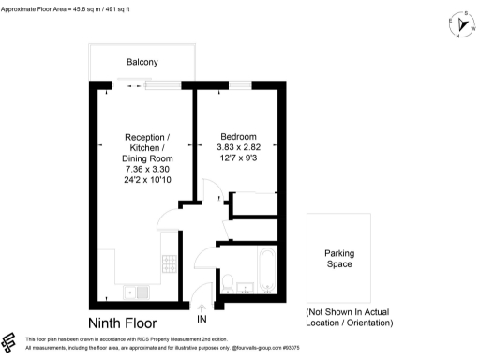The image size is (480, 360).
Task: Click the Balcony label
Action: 142,62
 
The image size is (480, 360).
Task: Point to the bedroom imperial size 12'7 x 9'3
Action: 239,158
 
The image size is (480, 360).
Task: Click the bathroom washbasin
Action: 245,288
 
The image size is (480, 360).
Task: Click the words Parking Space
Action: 338,259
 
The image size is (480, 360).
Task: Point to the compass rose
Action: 459,27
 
